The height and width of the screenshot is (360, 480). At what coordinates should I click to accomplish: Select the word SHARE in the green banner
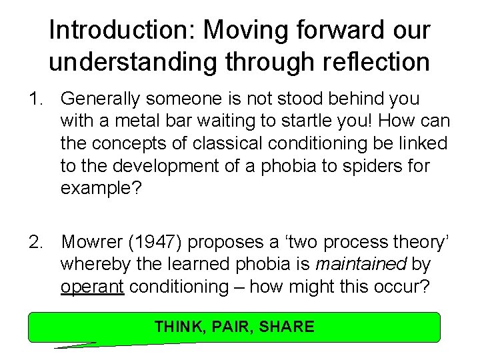[287, 327]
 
